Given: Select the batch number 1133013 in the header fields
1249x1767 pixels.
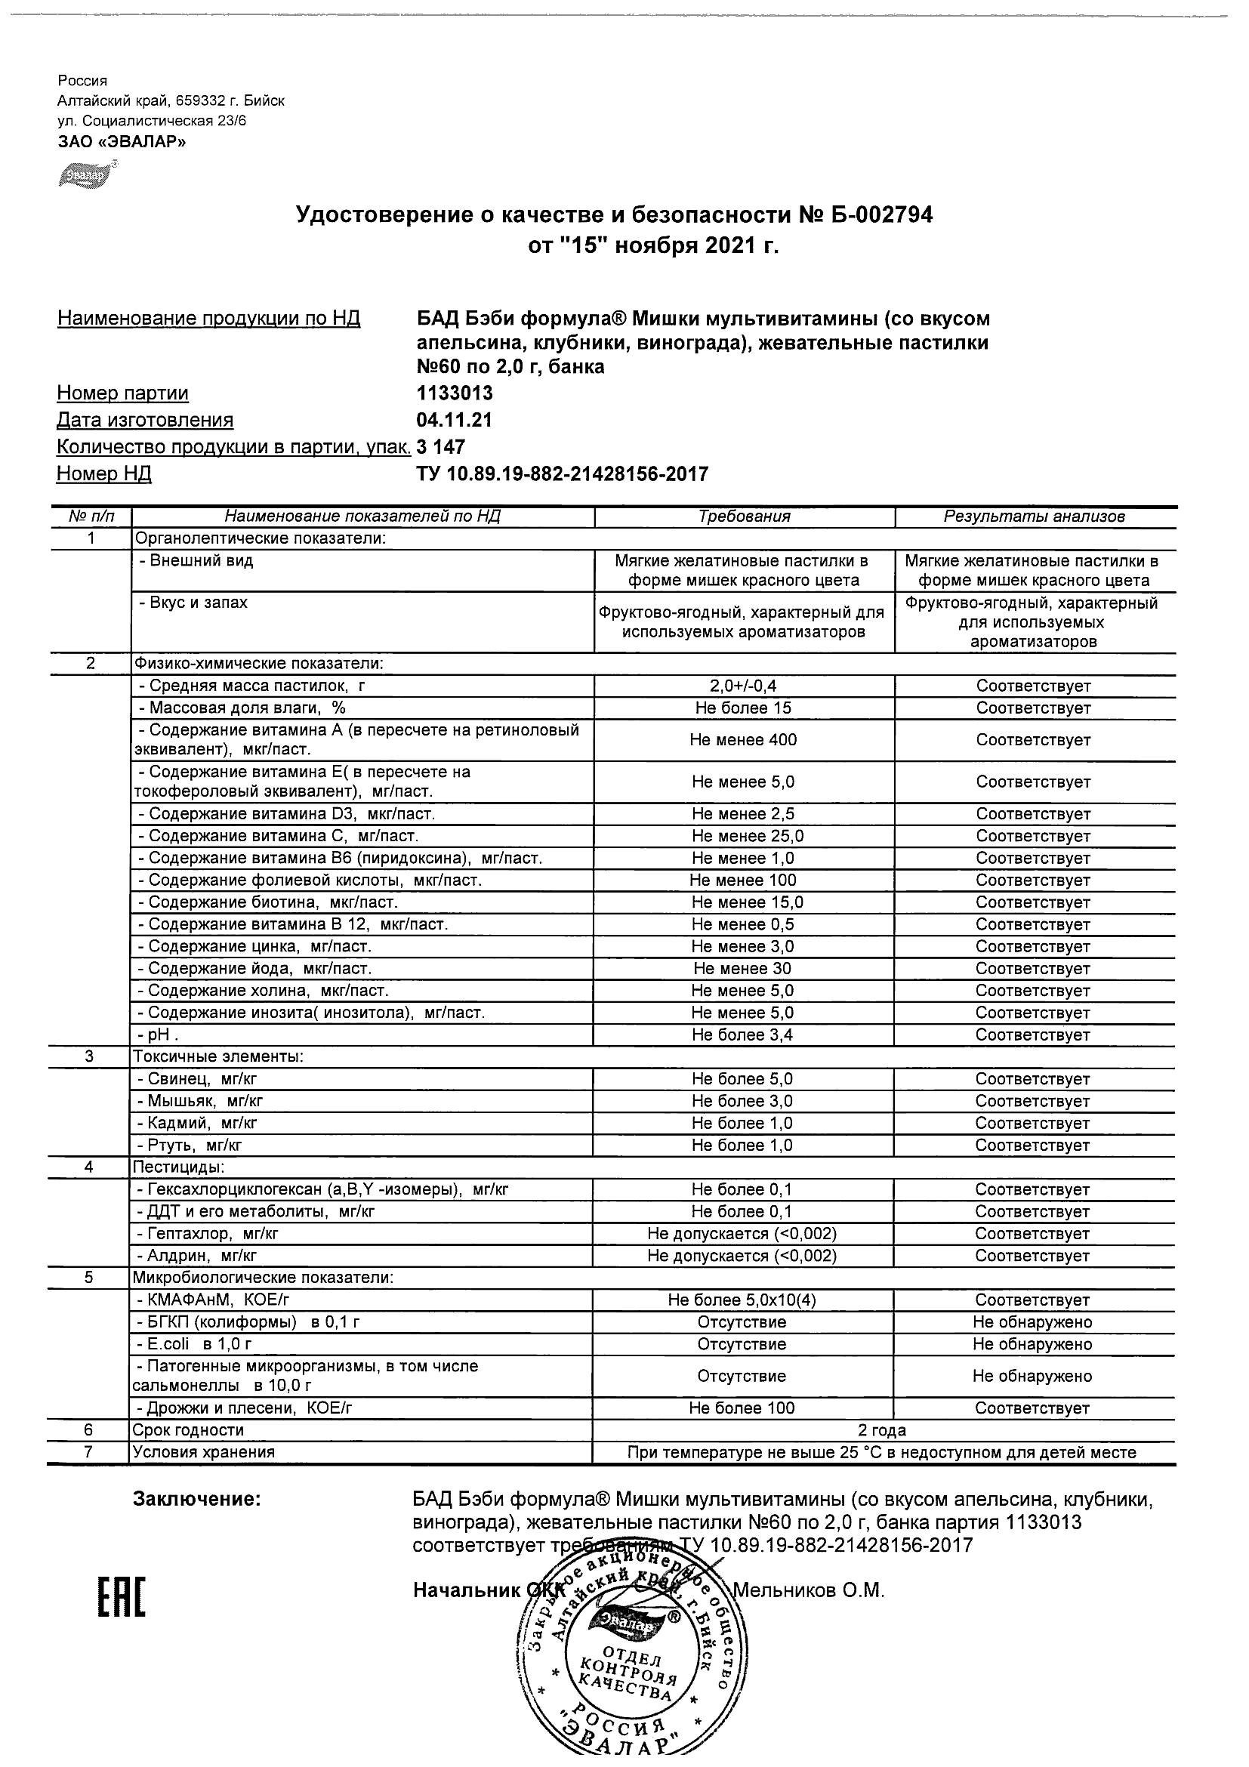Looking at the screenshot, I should pos(454,393).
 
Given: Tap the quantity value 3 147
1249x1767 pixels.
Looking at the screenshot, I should pos(440,447).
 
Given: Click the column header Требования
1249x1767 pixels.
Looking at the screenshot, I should pos(743,517).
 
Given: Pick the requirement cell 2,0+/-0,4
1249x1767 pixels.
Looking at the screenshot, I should pos(743,686).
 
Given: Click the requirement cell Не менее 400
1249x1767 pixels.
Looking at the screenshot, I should pos(743,739).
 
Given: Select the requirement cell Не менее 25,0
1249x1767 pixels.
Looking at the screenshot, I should pos(743,836).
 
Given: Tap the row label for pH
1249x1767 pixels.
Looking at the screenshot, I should pos(158,1035).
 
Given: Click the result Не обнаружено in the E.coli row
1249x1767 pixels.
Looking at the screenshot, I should pos(1032,1344).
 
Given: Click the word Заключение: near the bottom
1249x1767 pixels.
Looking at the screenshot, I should pos(197,1499).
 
